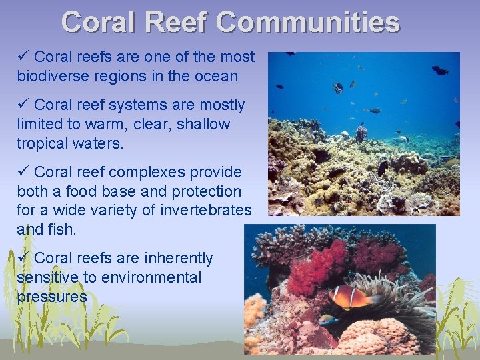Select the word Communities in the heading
[308, 23]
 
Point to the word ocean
[215, 76]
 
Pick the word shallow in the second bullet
[203, 124]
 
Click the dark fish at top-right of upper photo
[440, 69]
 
